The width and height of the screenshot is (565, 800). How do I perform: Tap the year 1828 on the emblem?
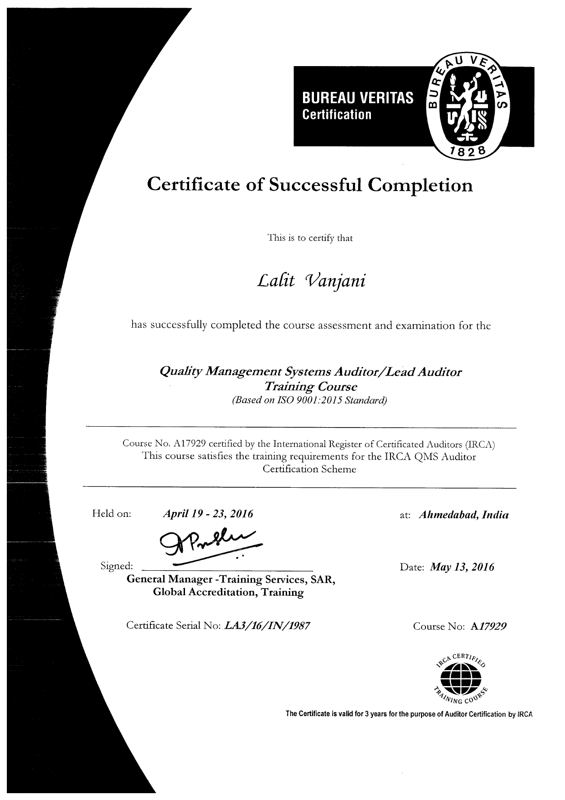pos(468,152)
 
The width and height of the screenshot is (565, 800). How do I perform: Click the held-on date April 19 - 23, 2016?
pos(208,515)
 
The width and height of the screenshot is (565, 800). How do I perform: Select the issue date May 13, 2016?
pos(462,567)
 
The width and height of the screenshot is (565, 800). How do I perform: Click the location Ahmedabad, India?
pos(463,515)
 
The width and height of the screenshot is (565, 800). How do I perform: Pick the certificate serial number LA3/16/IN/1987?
pos(268,626)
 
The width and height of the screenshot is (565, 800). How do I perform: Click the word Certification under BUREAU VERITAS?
pos(337,114)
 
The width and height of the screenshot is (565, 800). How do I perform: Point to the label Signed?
pos(117,566)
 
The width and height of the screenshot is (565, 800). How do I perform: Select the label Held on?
pos(112,514)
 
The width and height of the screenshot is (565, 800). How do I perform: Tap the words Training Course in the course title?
pos(310,387)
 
